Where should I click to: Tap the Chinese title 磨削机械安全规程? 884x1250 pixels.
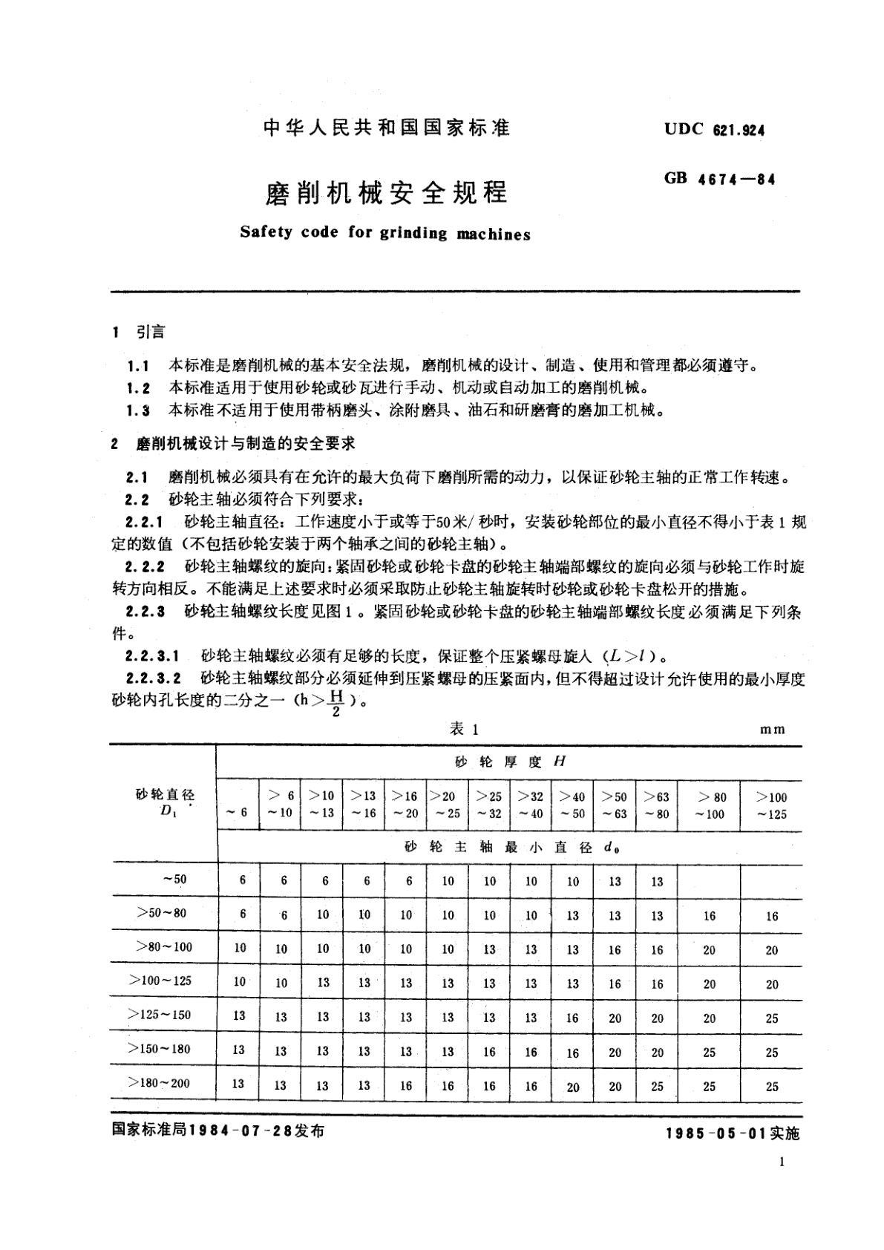tap(387, 193)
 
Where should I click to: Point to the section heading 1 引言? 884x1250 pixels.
tap(139, 332)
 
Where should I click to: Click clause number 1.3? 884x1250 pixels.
tap(139, 410)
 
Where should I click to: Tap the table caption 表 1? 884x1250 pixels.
tap(465, 729)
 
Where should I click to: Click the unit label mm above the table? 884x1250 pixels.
tap(772, 730)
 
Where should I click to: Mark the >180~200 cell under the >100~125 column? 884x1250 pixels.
tap(772, 1087)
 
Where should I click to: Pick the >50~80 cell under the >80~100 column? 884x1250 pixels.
tap(710, 916)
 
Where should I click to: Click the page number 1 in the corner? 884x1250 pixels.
tap(782, 1165)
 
